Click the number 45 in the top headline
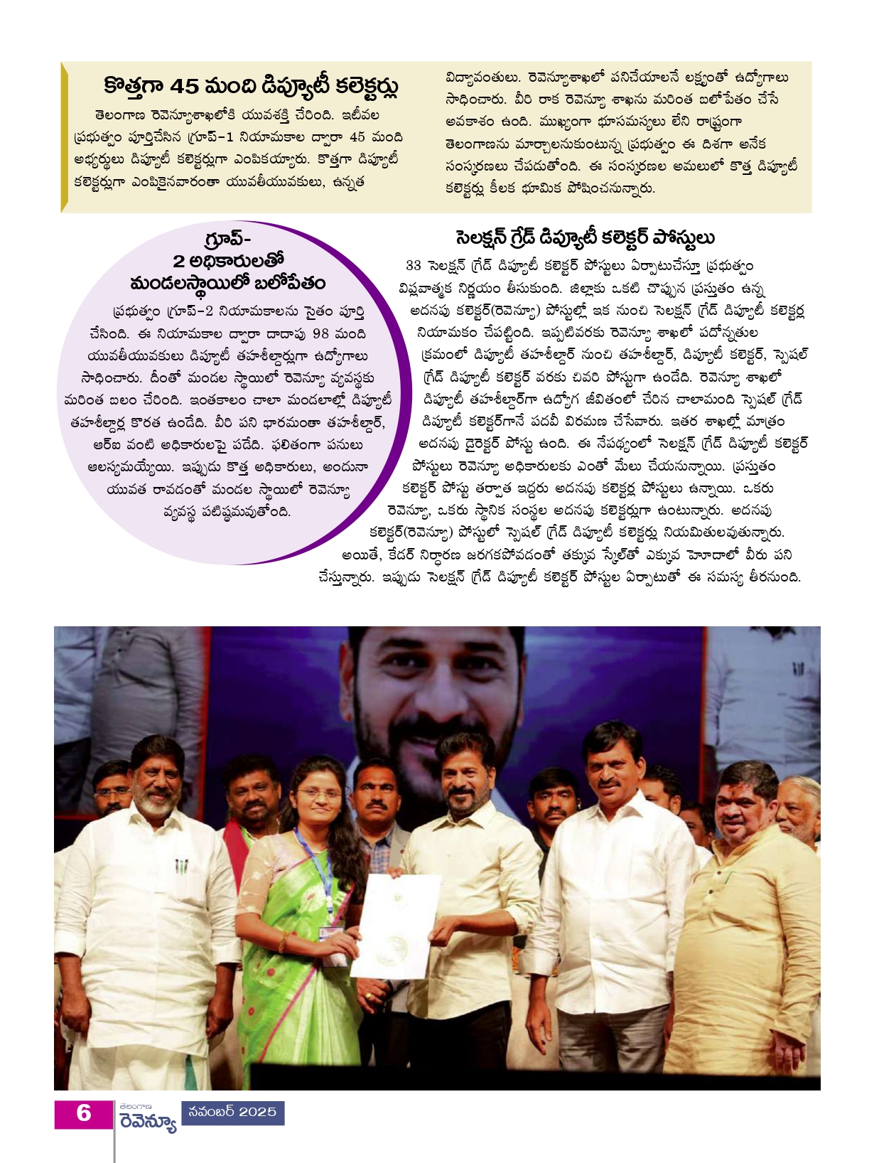pyautogui.click(x=184, y=87)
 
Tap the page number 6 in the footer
pyautogui.click(x=84, y=1113)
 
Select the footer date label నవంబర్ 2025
pyautogui.click(x=232, y=1113)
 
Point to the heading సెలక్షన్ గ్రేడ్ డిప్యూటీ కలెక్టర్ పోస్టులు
pyautogui.click(x=585, y=238)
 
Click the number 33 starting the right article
pyautogui.click(x=413, y=266)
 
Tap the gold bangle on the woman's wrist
pyautogui.click(x=283, y=942)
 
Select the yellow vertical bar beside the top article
pyautogui.click(x=65, y=136)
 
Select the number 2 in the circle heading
pyautogui.click(x=179, y=261)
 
